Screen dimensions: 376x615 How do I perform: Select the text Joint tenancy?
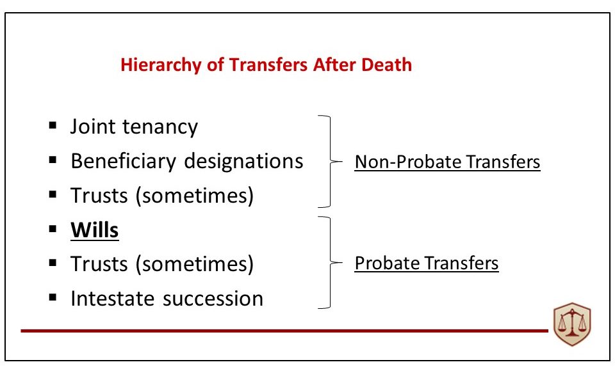click(134, 127)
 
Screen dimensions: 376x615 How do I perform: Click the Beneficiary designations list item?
click(186, 161)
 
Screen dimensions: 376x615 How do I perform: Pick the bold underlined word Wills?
click(95, 230)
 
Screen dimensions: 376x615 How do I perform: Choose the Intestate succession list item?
click(167, 299)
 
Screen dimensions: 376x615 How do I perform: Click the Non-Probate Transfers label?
click(447, 162)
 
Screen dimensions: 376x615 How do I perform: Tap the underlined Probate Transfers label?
click(426, 263)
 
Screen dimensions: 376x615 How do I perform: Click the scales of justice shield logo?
click(572, 325)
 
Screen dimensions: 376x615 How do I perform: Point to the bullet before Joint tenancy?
click(53, 126)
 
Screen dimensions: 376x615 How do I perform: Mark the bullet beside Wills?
click(53, 229)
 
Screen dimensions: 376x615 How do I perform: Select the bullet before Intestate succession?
click(53, 298)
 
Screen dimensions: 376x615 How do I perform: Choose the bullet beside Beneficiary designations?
click(53, 161)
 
